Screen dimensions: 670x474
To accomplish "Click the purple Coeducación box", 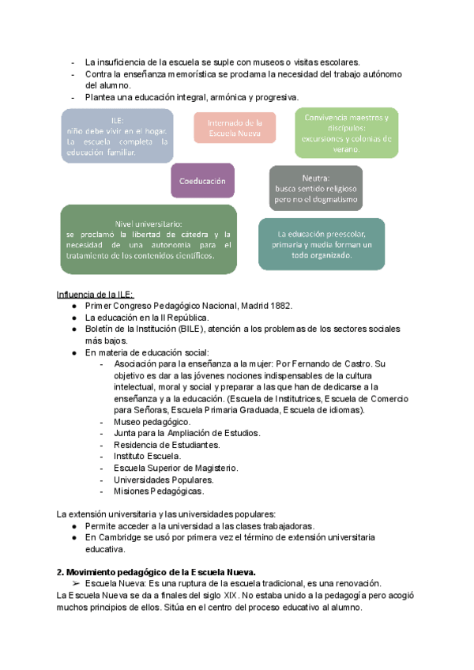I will click(x=203, y=180).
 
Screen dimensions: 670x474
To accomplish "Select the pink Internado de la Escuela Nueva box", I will click(x=235, y=128).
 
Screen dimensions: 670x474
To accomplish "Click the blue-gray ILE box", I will click(x=117, y=136).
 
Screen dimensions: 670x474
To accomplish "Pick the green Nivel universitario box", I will click(x=149, y=239).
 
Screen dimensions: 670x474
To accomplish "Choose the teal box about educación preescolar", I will click(x=322, y=245).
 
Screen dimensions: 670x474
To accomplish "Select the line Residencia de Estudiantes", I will click(x=167, y=445).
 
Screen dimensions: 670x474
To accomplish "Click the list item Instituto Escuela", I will click(x=148, y=456).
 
